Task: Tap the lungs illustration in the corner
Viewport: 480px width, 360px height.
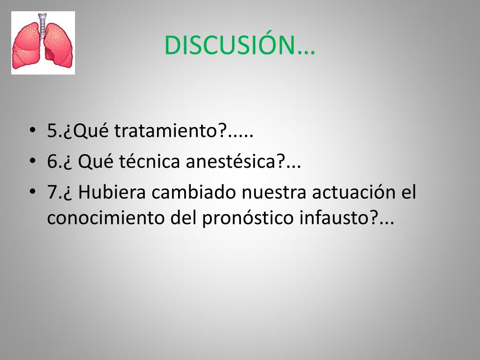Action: (x=43, y=43)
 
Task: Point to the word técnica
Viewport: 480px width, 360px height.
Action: (x=149, y=161)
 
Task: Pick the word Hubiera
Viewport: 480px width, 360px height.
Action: (x=112, y=192)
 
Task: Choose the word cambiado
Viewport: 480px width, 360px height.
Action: (x=194, y=192)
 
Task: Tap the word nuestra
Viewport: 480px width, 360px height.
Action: (x=274, y=192)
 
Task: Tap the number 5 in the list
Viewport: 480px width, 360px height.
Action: (x=52, y=131)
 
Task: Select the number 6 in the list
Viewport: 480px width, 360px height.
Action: (x=52, y=161)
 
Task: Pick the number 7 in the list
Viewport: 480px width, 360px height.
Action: (x=52, y=192)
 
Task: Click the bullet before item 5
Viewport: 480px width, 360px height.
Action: (x=32, y=129)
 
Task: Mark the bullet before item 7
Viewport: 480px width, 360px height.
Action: (x=32, y=191)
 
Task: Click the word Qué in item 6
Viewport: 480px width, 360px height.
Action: (x=95, y=161)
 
